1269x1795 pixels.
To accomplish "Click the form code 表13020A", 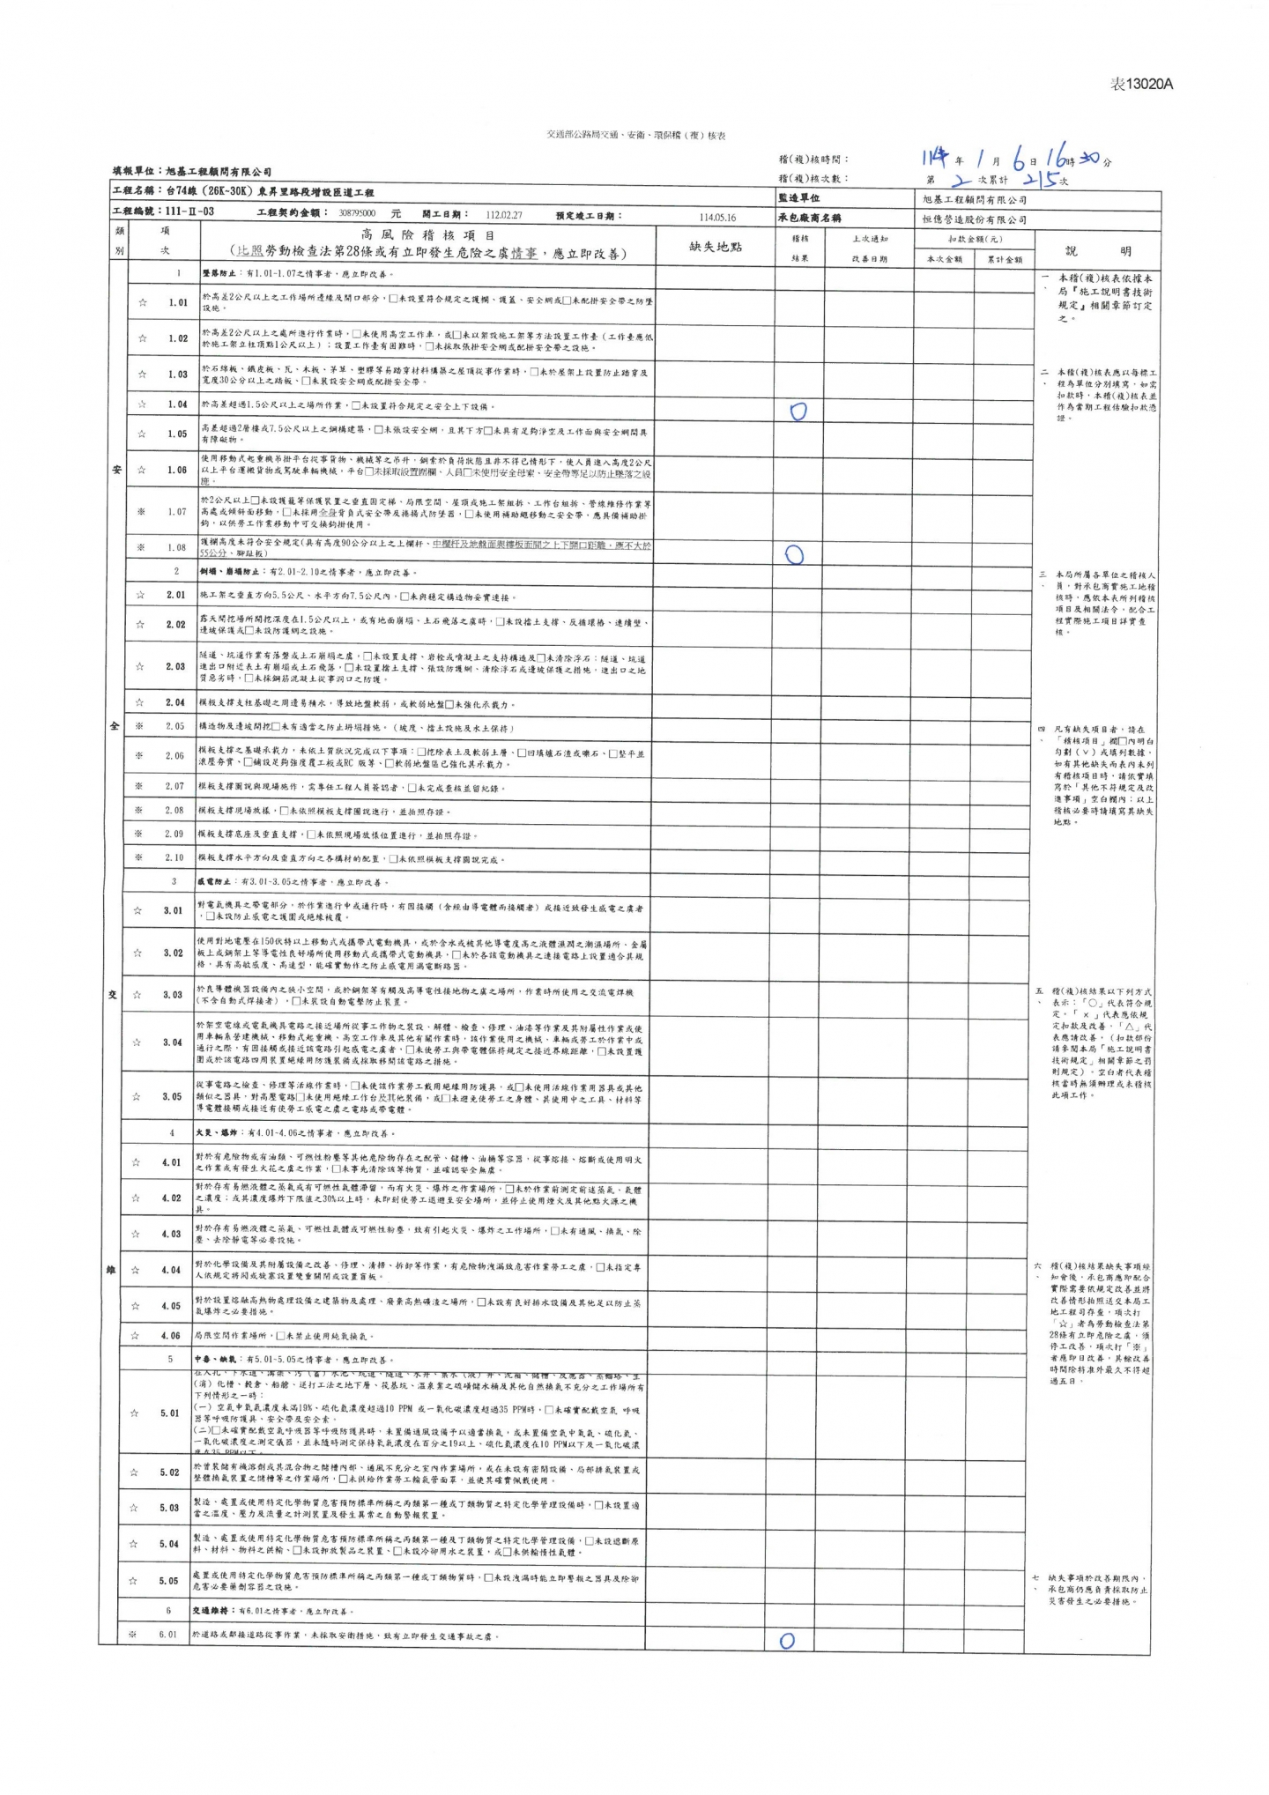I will tap(1141, 84).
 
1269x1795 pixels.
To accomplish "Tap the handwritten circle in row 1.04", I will tap(798, 412).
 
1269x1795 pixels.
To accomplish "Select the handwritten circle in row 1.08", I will tap(794, 554).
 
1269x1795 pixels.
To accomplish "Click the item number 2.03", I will tap(175, 666).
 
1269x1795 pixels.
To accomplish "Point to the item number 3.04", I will tap(173, 1042).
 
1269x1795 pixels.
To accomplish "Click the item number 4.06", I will tap(170, 1335).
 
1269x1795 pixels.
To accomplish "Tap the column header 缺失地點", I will tap(716, 247).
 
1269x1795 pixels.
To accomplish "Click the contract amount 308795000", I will tap(357, 213).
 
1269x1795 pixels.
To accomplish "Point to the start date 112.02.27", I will tap(504, 214).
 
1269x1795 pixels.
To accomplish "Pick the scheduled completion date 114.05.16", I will tap(717, 217).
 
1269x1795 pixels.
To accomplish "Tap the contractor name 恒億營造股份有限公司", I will tap(974, 219).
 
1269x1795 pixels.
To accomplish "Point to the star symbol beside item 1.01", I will tap(143, 302).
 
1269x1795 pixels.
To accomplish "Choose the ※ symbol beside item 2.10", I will tap(139, 857).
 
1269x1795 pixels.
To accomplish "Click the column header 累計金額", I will tap(1005, 259).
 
